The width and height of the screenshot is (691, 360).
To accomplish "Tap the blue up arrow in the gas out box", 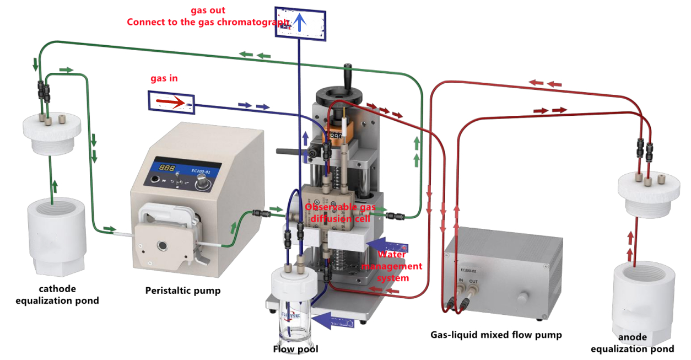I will [x=299, y=22].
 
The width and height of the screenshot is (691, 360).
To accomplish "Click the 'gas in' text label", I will [x=164, y=79].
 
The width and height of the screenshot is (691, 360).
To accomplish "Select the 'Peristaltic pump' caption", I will [x=182, y=291].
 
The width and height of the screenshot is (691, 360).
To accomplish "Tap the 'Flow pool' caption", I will [x=295, y=349].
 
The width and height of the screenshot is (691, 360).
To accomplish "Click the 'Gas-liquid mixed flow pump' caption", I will [x=496, y=335].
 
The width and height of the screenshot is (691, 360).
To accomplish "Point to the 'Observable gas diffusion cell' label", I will [x=341, y=212].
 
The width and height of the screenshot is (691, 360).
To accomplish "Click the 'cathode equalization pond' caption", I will [x=57, y=295].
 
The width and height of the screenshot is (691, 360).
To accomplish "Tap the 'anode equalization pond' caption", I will [x=632, y=343].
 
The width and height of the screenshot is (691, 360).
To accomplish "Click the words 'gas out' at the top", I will [x=208, y=10].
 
